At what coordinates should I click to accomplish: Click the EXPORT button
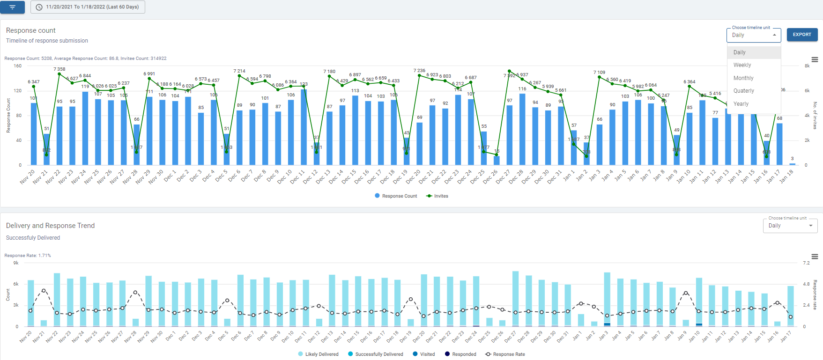(x=802, y=35)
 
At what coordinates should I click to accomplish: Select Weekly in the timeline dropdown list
(x=742, y=65)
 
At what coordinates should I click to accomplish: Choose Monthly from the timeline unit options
(x=743, y=78)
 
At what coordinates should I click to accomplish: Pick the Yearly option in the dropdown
(x=741, y=104)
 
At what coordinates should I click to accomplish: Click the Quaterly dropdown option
(x=743, y=91)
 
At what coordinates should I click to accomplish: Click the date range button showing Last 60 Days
(x=88, y=7)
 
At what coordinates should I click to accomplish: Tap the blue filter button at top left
(x=12, y=7)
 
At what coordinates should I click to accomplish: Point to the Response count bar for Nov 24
(x=85, y=128)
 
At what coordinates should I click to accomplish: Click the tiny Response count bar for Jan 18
(x=792, y=164)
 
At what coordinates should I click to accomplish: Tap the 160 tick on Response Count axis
(x=17, y=66)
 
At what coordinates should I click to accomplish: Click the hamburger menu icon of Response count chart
(x=815, y=59)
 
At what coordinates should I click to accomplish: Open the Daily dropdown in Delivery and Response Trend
(x=790, y=226)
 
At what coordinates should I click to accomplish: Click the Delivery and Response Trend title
(x=50, y=226)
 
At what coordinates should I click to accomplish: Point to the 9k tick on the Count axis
(x=16, y=263)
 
